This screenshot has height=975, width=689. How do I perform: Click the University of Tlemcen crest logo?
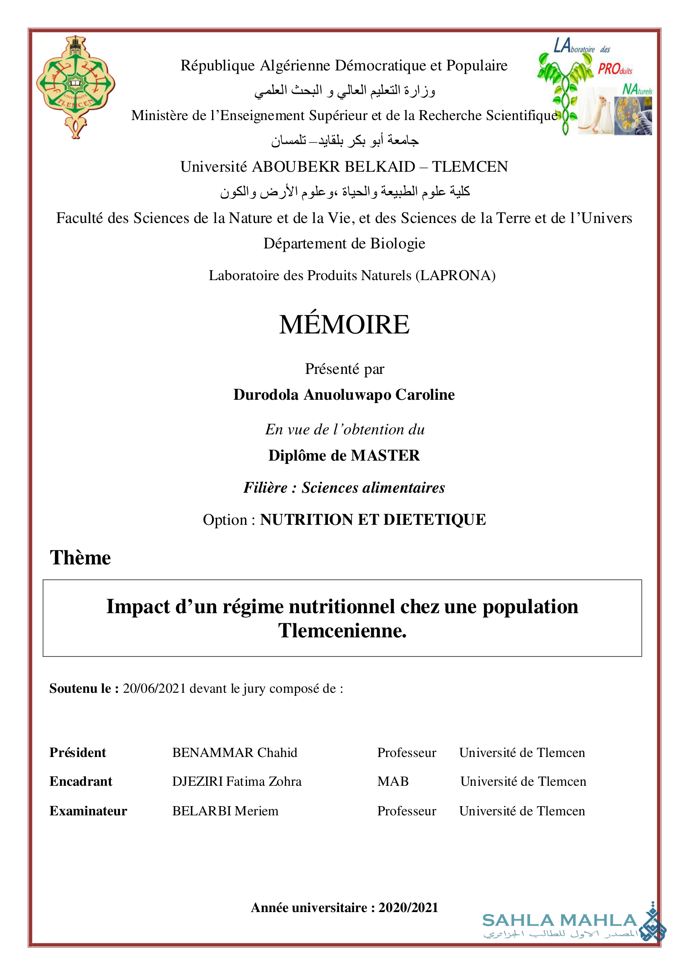click(75, 87)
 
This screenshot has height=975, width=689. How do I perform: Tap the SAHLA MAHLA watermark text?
click(559, 920)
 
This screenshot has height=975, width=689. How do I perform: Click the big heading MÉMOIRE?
click(344, 325)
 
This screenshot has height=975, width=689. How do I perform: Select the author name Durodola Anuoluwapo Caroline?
click(344, 395)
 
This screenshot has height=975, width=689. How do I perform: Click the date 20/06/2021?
click(155, 688)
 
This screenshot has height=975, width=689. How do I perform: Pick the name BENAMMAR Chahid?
click(235, 752)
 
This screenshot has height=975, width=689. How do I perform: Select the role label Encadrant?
click(81, 781)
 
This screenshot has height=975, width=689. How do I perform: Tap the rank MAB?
click(393, 781)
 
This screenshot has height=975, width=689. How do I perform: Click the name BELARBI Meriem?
click(225, 811)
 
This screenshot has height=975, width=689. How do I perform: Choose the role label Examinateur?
click(88, 811)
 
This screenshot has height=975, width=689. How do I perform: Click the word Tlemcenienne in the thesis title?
click(342, 631)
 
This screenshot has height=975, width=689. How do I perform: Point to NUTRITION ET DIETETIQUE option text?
click(373, 520)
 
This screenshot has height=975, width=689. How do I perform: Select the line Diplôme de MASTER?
click(344, 456)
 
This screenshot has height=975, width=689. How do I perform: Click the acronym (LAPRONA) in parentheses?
click(455, 276)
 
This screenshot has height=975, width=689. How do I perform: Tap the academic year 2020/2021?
click(408, 907)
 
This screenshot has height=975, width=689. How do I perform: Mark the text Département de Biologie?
click(344, 243)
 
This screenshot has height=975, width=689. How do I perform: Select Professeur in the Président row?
click(407, 752)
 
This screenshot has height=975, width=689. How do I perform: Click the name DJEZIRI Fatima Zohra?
click(237, 781)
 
